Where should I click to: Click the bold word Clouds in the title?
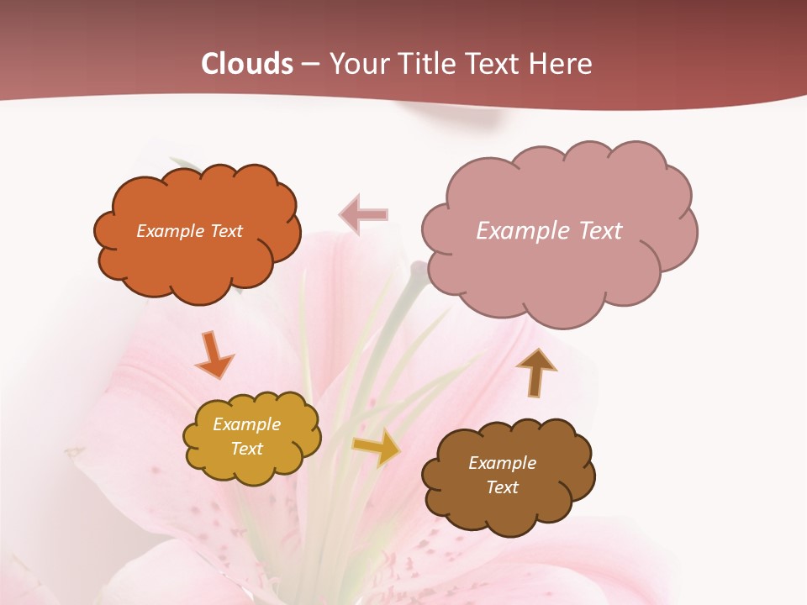[x=247, y=64]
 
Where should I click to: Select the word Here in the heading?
[x=563, y=64]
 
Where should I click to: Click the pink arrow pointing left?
[x=364, y=214]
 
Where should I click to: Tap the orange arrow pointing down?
[x=214, y=354]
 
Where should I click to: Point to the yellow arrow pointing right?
[x=376, y=448]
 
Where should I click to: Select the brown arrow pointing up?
[x=535, y=372]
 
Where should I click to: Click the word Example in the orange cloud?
[x=169, y=231]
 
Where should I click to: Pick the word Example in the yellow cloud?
[x=246, y=424]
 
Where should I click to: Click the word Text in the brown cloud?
[x=502, y=487]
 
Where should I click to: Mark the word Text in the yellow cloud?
[x=246, y=449]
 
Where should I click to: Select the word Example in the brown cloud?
[x=502, y=463]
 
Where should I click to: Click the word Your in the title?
[x=360, y=64]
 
